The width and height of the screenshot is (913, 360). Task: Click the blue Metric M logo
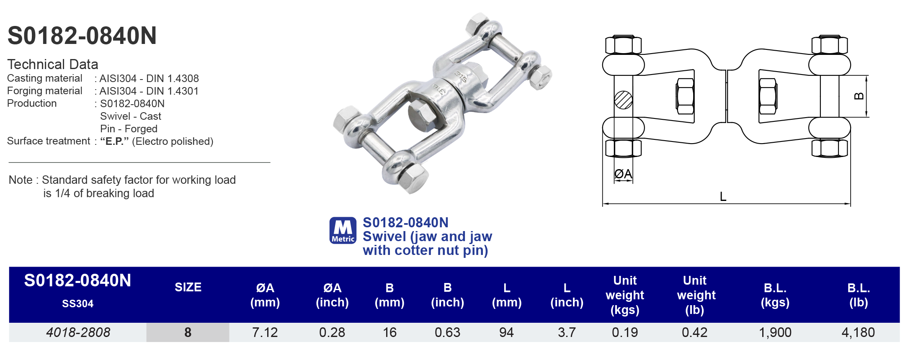click(x=343, y=230)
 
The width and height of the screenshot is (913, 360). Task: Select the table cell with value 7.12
click(x=265, y=332)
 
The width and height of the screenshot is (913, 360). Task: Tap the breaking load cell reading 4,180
click(x=858, y=332)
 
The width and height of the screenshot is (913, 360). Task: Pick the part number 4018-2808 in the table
click(x=78, y=332)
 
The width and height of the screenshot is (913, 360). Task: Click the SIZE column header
click(x=188, y=287)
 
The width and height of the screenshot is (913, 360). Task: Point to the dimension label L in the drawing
click(x=723, y=197)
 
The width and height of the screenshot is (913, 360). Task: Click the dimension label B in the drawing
click(x=859, y=96)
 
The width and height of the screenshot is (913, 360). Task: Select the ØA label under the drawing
click(x=623, y=174)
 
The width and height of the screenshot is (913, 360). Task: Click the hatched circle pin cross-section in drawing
click(x=623, y=100)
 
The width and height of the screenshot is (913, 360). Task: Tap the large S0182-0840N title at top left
click(x=82, y=36)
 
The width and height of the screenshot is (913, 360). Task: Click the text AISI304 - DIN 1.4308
click(x=149, y=79)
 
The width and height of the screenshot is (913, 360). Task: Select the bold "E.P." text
click(x=114, y=141)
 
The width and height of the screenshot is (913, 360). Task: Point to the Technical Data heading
click(x=53, y=64)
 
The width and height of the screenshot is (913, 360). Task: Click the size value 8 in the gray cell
click(x=188, y=332)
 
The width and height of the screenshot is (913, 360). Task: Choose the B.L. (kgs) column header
click(x=775, y=295)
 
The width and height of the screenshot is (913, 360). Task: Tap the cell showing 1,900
click(x=775, y=332)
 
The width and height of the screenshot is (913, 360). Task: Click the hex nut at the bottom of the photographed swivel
click(x=413, y=178)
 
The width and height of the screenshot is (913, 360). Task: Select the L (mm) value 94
click(x=506, y=332)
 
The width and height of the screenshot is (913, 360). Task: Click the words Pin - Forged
click(x=129, y=129)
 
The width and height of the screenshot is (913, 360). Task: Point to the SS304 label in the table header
click(x=78, y=304)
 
